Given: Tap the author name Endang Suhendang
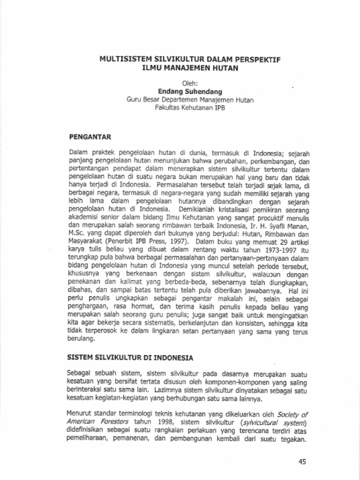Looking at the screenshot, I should coord(190,91).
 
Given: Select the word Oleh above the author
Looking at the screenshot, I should coord(189,83).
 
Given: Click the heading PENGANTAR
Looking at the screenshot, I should coord(90,137).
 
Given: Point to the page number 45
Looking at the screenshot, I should coord(302,462).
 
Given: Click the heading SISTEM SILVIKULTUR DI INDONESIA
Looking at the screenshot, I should coord(131,358).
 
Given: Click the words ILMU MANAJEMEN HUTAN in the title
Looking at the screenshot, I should coord(190,68).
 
